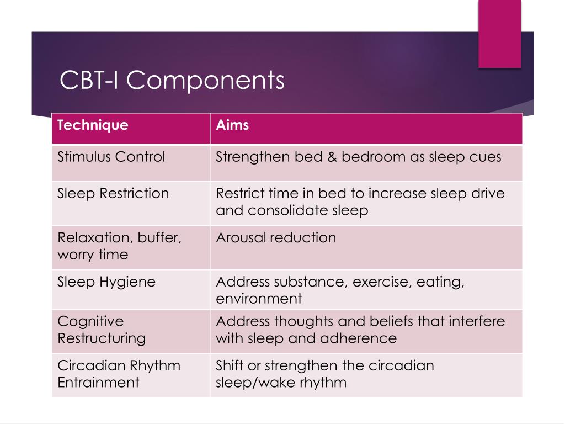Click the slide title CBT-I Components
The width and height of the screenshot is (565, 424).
pos(172,80)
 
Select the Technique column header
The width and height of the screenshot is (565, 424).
pos(93,125)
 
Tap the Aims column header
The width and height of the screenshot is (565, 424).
pos(232,125)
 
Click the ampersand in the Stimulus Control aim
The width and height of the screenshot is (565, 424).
pos(332,157)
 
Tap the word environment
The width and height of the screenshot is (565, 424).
pos(259,299)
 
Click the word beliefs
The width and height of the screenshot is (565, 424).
pos(385,321)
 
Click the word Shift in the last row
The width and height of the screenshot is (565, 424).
pos(229,365)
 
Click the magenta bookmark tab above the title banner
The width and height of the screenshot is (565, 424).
pos(499,34)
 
